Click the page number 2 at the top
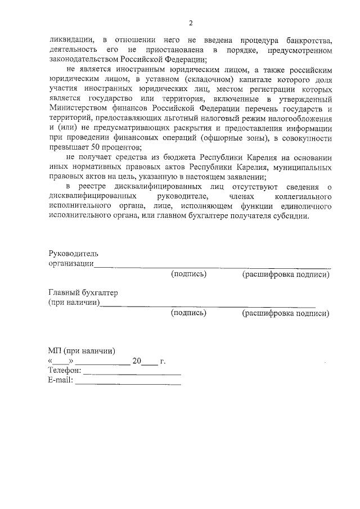pyautogui.click(x=191, y=23)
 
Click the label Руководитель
pyautogui.click(x=73, y=254)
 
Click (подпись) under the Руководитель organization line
pyautogui.click(x=189, y=274)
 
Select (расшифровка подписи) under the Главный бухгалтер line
pyautogui.click(x=285, y=313)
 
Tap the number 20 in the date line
pyautogui.click(x=137, y=361)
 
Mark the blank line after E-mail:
pyautogui.click(x=128, y=383)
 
